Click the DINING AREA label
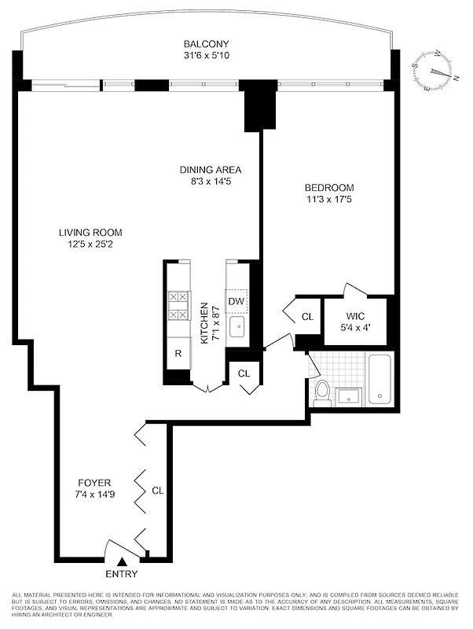(210, 170)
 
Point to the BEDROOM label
(329, 188)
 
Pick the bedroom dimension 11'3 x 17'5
(329, 200)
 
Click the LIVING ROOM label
(90, 232)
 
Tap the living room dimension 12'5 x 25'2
(90, 244)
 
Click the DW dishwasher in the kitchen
(236, 301)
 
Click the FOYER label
(93, 483)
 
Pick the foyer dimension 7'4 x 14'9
(93, 495)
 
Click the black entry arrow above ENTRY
(123, 561)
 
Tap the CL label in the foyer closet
(157, 491)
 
